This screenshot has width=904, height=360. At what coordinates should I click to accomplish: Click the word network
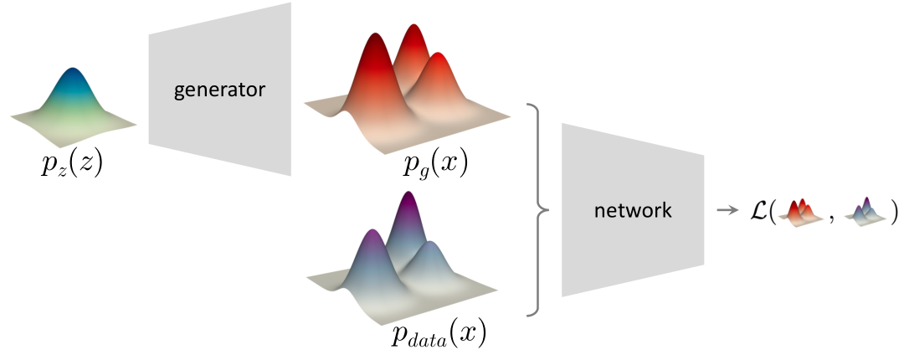click(632, 210)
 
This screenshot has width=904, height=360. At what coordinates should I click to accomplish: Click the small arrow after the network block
click(724, 210)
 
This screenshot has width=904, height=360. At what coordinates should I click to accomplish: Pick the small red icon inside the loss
click(801, 210)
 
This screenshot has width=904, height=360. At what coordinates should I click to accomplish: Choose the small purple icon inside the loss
click(867, 210)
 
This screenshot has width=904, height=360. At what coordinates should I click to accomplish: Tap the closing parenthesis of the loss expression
click(893, 210)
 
